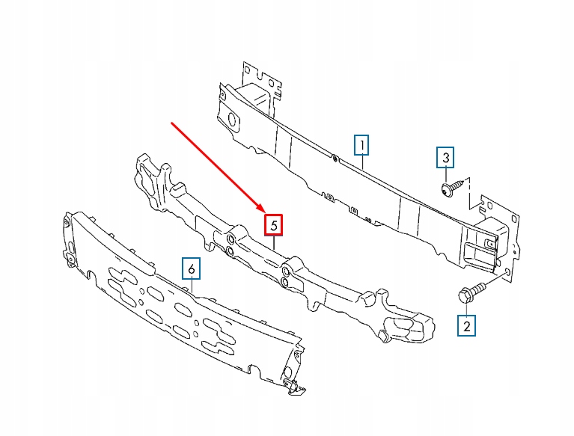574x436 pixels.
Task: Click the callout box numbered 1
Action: coord(361,144)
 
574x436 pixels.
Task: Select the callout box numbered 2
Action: coord(467,325)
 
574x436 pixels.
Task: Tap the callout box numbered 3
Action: coord(445,158)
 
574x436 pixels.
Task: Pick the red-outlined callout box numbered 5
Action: coord(274,224)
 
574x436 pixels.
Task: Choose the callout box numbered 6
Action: coord(192,268)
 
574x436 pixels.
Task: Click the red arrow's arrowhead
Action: coord(261,210)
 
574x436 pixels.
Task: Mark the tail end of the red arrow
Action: coord(173,124)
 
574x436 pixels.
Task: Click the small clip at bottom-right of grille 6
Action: coord(293,384)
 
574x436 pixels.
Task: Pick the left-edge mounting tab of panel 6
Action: coord(69,254)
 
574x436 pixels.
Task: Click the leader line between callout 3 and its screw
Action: coord(446,173)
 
